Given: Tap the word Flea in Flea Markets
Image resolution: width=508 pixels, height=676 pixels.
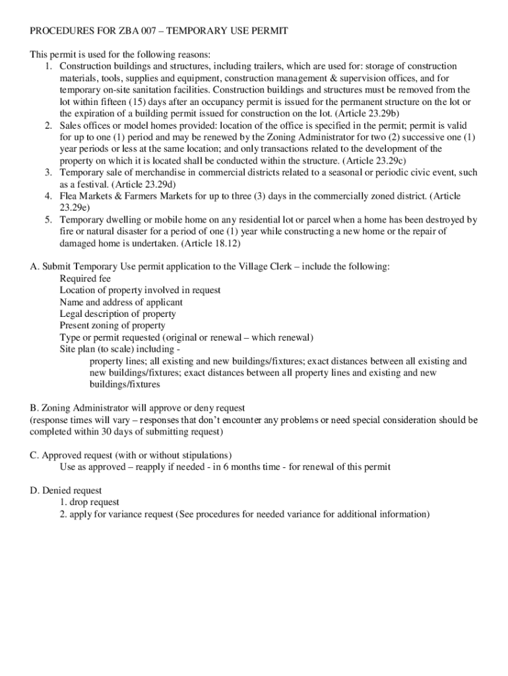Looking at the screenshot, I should pos(69,196).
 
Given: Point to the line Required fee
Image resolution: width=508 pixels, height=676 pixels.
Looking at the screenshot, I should pos(85,279).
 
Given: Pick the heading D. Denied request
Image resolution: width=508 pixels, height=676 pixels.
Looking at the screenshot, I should pos(65,490).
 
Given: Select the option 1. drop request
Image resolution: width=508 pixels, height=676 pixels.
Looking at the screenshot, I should pos(89,502).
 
